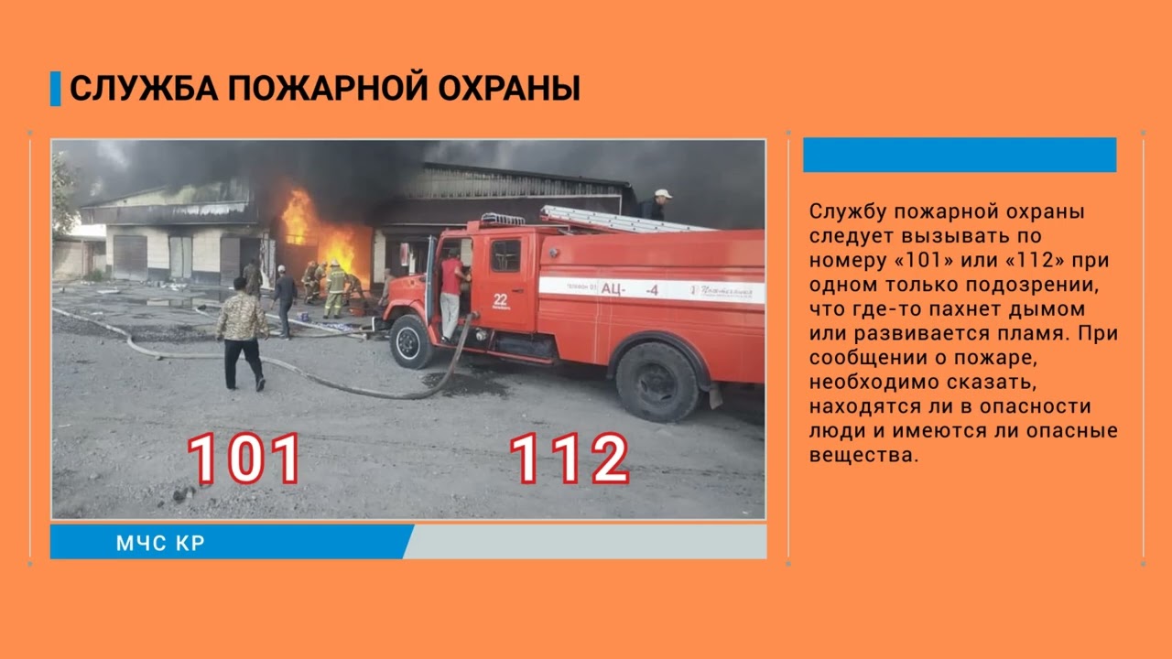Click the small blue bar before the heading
55,89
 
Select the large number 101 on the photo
244,459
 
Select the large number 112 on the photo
569,459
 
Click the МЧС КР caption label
160,543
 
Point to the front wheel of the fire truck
411,341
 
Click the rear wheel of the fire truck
657,381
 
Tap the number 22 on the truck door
500,300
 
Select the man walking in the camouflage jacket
242,332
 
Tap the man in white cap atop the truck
656,204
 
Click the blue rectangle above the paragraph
960,155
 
